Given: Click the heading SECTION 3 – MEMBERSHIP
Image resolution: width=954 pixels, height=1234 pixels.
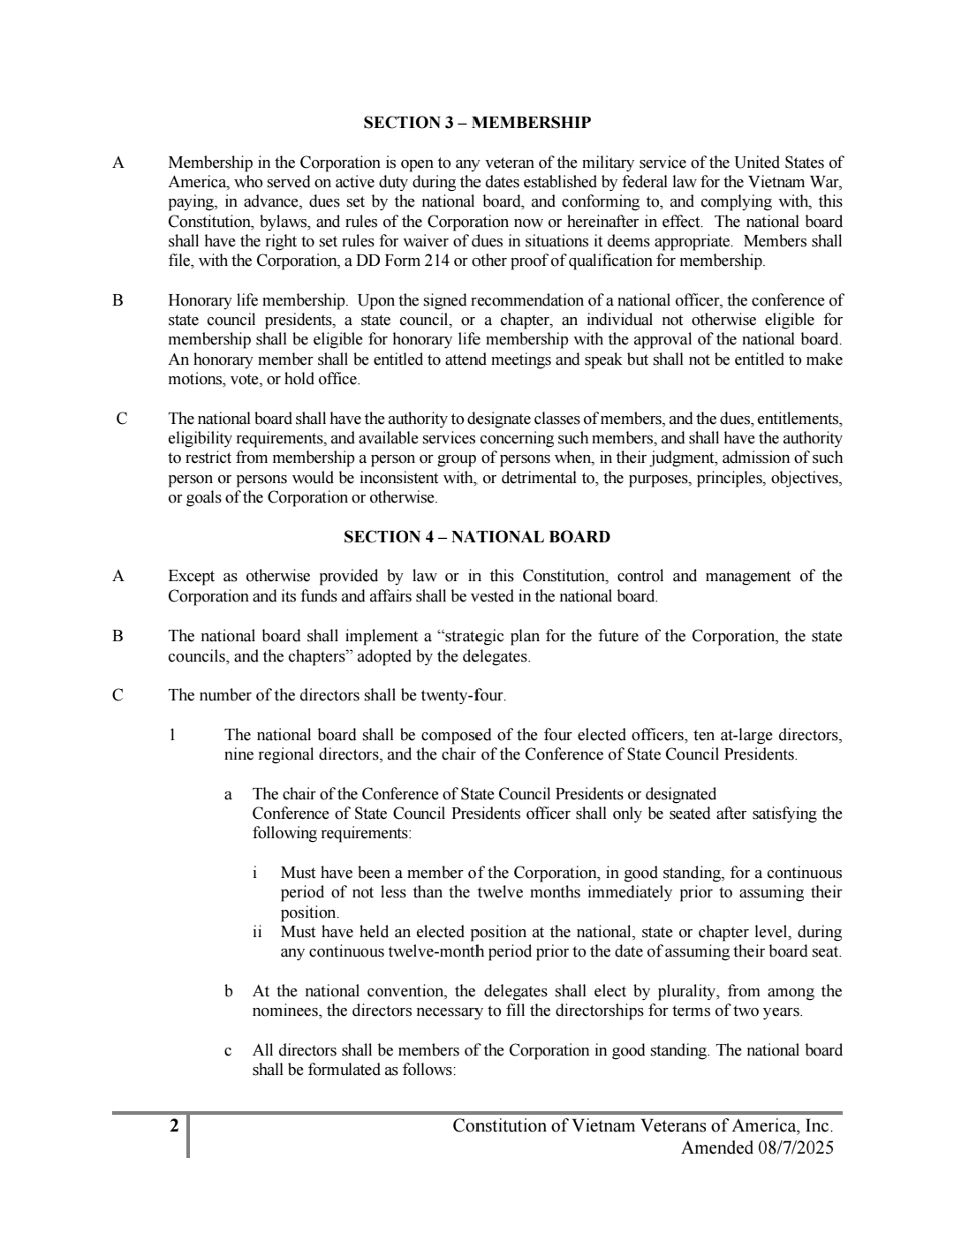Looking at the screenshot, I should coord(477,123).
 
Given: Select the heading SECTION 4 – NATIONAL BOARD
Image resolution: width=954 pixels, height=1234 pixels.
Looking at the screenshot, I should coord(477,537).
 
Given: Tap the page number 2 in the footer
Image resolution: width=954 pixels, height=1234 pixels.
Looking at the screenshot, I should coord(174,1125).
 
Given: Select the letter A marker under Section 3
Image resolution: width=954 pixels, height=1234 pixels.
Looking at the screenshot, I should coord(118,163).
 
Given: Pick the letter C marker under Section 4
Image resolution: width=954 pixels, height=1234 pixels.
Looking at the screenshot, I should coord(118,695).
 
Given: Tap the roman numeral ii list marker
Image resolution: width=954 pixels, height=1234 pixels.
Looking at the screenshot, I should coord(257,933).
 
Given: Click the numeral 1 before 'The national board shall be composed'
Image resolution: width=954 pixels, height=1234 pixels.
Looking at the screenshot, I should coord(172,735).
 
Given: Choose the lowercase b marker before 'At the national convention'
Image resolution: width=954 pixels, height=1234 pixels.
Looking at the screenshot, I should coord(229,992).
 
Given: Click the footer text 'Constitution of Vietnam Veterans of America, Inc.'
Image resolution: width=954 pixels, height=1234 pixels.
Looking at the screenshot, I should coord(642,1125).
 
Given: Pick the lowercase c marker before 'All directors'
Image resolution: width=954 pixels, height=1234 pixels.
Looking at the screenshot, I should coord(229,1051).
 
